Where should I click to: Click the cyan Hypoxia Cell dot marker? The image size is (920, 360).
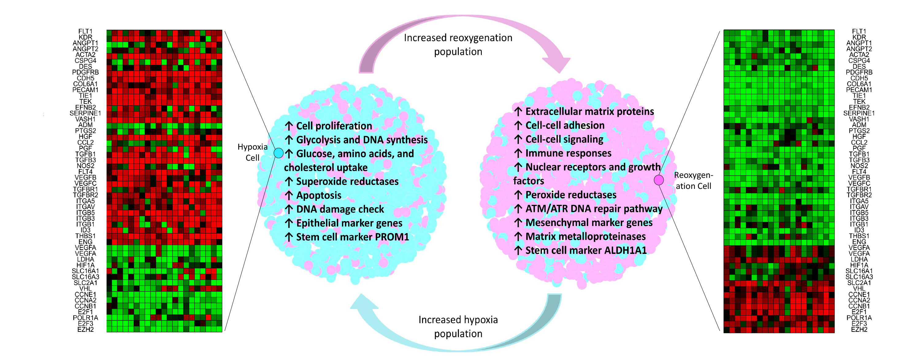click(278, 153)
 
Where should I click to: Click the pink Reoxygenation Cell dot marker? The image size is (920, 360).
click(659, 180)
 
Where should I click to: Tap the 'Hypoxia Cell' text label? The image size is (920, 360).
click(252, 152)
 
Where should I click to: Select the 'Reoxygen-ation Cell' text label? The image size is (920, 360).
click(693, 181)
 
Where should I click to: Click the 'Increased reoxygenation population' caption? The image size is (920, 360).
click(458, 45)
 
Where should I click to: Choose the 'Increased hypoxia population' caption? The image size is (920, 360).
click(458, 327)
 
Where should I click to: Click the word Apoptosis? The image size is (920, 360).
click(319, 195)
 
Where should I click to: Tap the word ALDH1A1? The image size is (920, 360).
click(625, 250)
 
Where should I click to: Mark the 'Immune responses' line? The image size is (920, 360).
click(568, 153)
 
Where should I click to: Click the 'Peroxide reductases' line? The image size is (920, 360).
click(571, 195)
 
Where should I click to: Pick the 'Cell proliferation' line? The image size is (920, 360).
click(334, 126)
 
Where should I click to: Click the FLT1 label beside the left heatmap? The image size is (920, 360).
click(85, 31)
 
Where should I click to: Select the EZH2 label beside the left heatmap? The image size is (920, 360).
click(85, 329)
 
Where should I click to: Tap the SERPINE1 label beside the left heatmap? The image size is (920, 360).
click(85, 113)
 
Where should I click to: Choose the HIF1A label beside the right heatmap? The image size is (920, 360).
click(859, 265)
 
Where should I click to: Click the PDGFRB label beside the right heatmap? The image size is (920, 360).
click(859, 72)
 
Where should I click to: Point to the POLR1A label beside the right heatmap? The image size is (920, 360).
click(859, 317)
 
